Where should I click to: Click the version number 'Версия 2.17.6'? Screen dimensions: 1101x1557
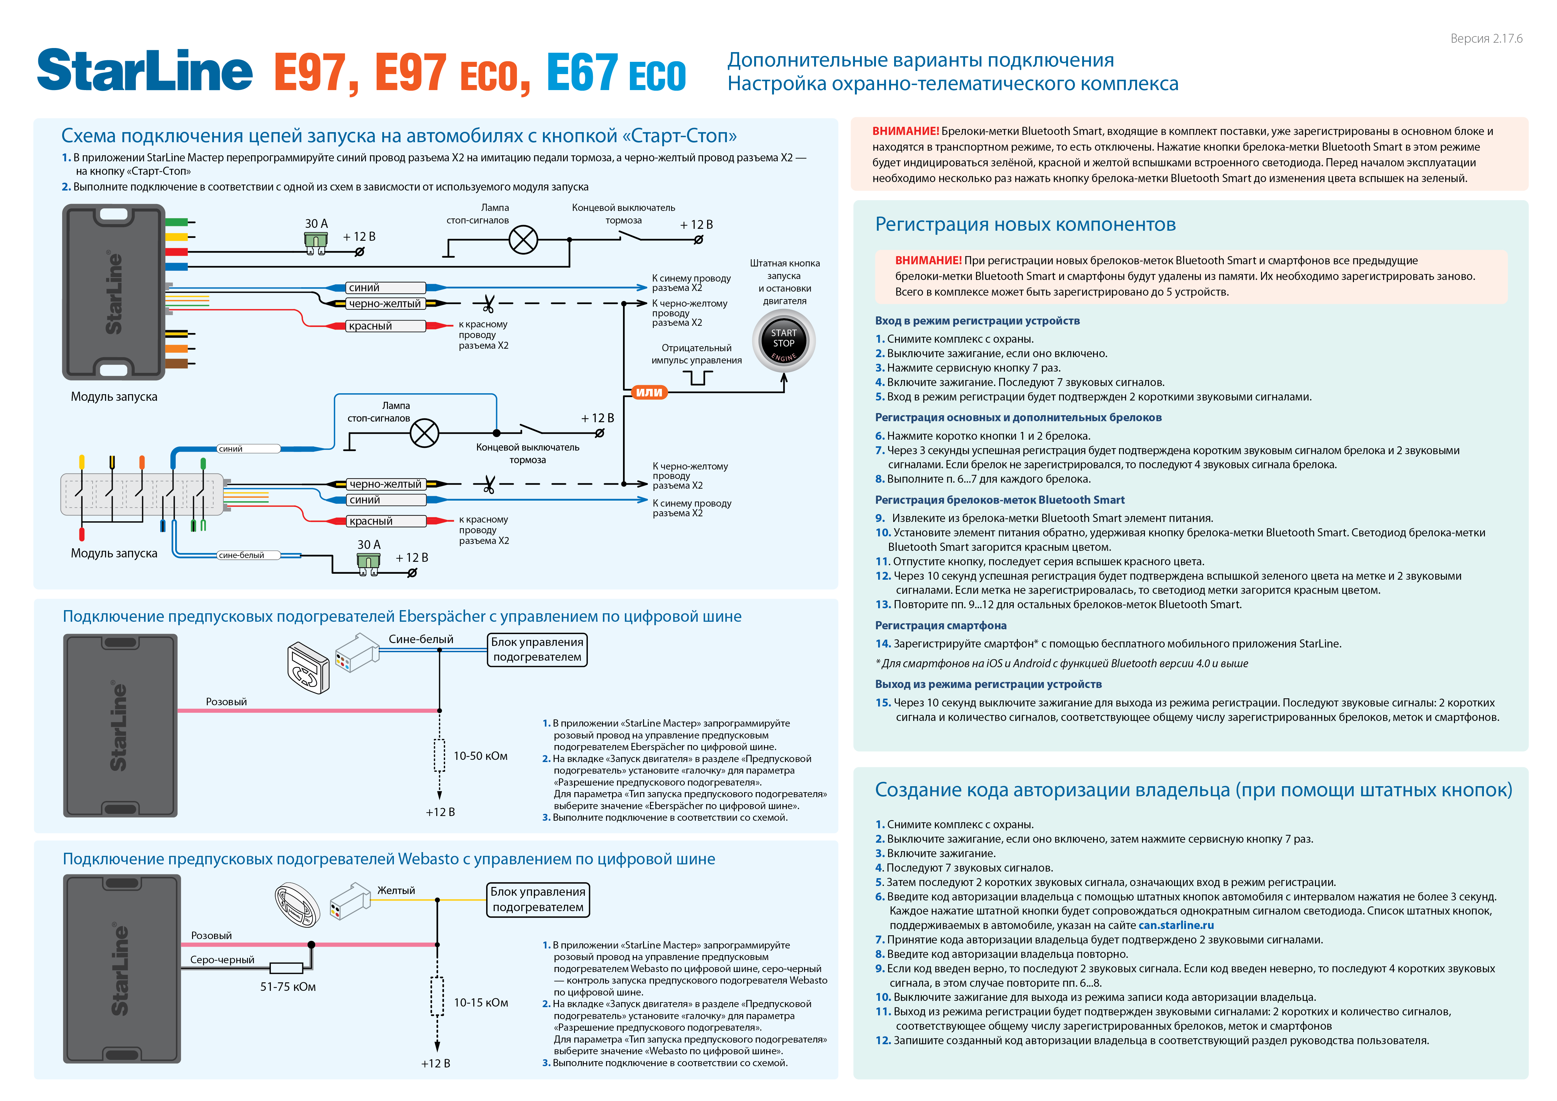click(1486, 39)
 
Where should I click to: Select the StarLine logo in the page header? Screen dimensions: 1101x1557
click(144, 71)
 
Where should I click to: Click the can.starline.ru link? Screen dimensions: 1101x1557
click(1176, 926)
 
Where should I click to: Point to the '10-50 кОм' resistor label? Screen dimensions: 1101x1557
click(480, 756)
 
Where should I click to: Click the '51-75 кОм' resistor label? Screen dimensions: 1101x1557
click(287, 987)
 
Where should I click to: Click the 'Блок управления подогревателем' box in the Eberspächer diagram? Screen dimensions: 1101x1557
click(537, 649)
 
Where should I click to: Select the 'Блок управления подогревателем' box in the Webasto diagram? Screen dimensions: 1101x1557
click(538, 900)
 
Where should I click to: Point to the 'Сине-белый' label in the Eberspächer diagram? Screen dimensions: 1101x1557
click(421, 639)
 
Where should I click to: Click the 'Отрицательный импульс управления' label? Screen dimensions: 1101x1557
click(696, 354)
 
